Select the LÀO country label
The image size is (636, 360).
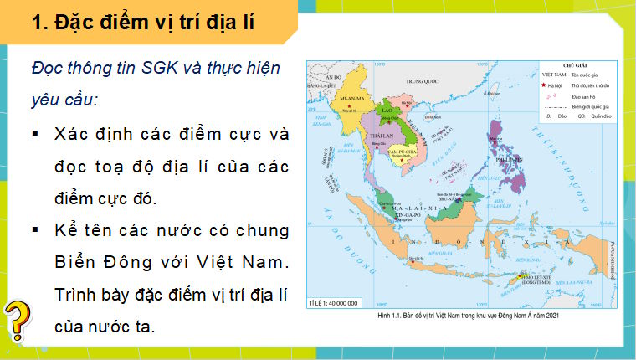click(x=387, y=110)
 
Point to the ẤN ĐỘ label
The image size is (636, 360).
click(x=334, y=76)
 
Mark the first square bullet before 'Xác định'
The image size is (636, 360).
click(x=36, y=134)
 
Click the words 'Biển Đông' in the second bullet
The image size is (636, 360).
click(x=90, y=262)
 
